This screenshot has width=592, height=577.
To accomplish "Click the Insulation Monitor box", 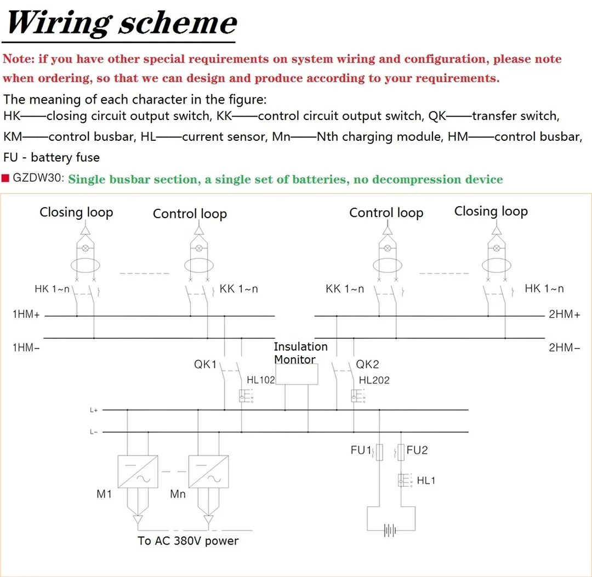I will coord(297,375).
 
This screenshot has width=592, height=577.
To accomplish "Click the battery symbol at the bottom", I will coord(390,530).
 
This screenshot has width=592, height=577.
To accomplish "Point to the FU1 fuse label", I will coord(361,450).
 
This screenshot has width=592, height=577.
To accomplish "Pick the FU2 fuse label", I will coord(417,450).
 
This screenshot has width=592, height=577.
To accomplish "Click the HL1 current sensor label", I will coord(426,481).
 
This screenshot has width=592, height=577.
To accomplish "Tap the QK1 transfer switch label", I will coord(206,364).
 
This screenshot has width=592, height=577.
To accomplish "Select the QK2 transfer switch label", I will coord(368,364).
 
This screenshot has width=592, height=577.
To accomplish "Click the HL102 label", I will coord(260,380).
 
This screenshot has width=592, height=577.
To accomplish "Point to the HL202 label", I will coord(374,380).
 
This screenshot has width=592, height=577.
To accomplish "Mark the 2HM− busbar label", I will coord(564,347).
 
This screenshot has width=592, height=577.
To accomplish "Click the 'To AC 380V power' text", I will coord(188,541).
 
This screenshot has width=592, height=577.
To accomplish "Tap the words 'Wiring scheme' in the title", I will coord(122,23).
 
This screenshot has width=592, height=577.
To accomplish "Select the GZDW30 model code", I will coord(38,179).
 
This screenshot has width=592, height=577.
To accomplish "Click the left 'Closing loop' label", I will coord(76,213).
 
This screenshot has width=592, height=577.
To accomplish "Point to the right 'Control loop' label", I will coord(386,213).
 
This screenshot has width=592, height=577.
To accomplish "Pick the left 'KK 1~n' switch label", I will coord(238,289).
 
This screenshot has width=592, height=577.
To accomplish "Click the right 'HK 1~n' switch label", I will coord(544,289).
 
